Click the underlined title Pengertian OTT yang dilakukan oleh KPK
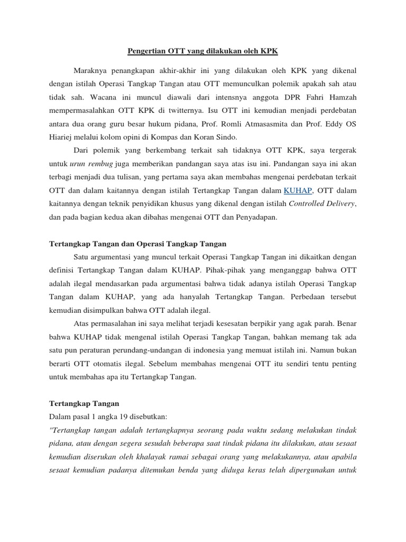tap(202, 51)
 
